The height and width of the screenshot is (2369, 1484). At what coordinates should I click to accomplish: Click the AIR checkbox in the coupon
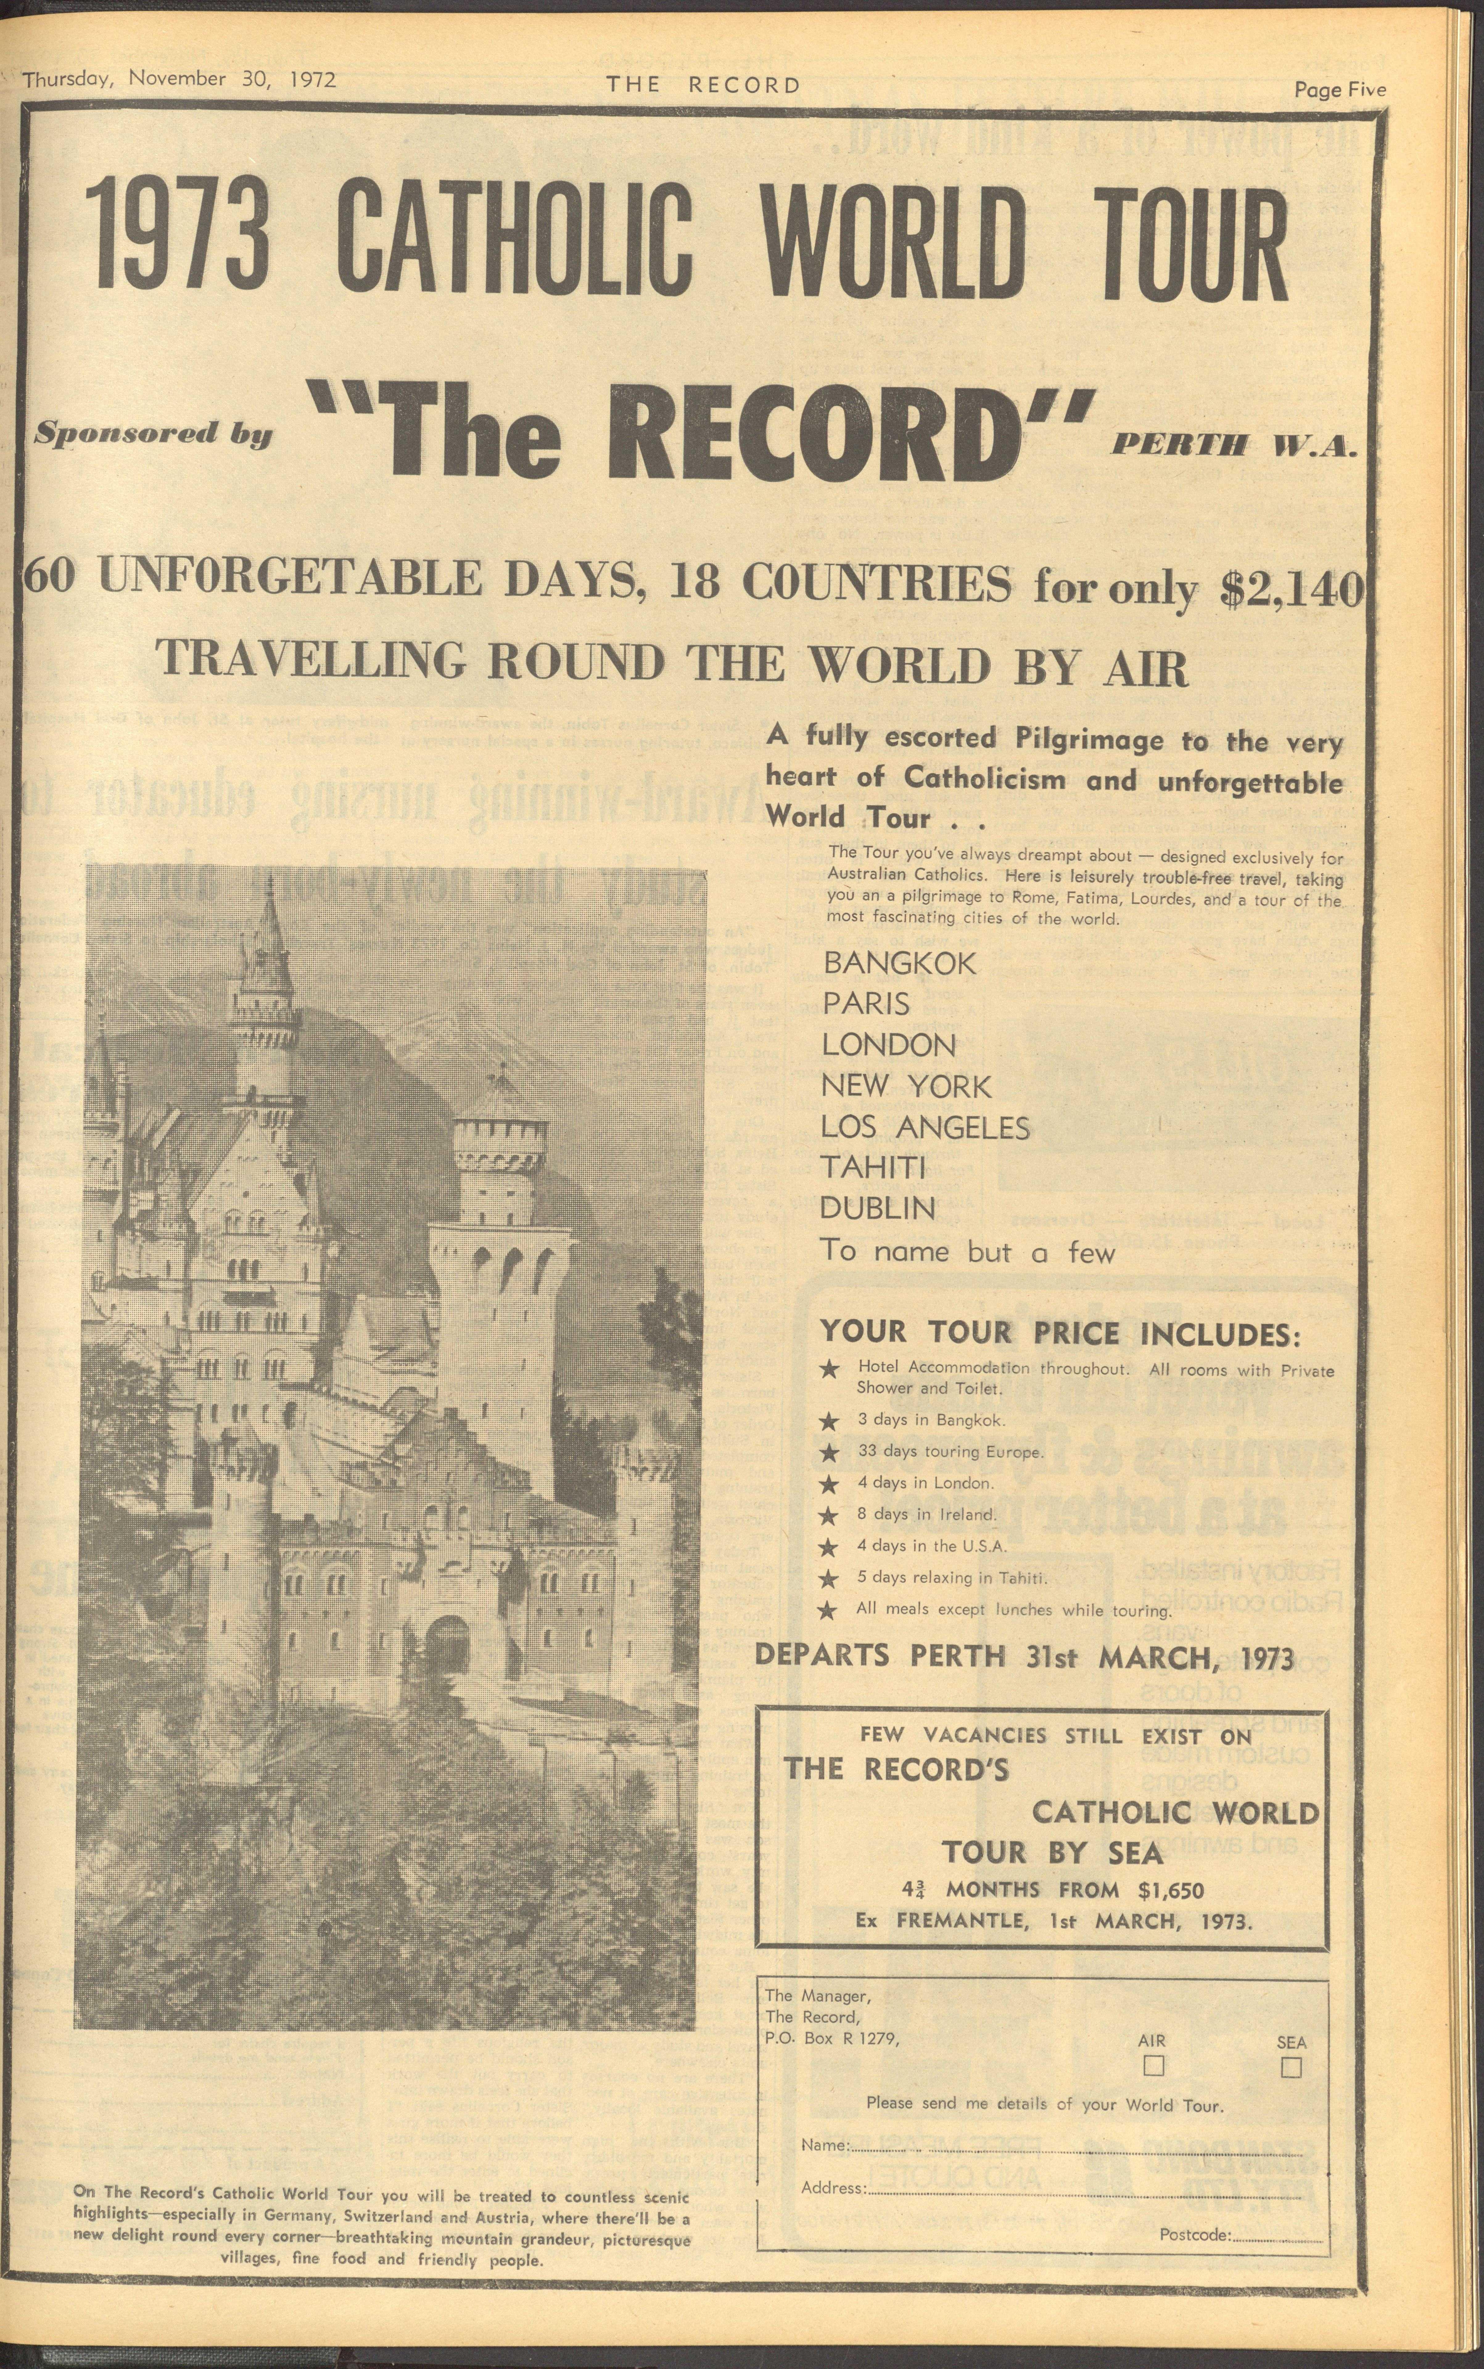(x=1153, y=2066)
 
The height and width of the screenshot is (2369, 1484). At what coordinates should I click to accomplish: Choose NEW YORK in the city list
(x=906, y=1086)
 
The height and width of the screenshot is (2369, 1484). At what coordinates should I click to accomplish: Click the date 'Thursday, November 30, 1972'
(x=179, y=80)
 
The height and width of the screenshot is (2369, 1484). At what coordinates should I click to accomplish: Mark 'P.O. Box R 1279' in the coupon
(x=831, y=2037)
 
